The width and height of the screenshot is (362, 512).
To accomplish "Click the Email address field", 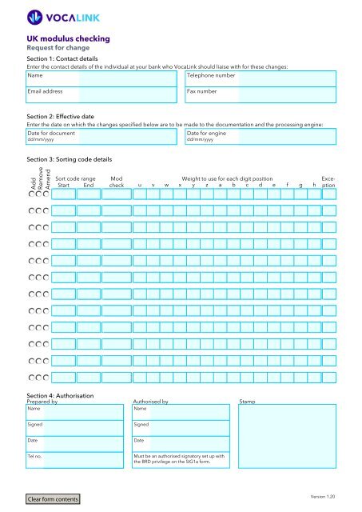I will (x=101, y=95).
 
